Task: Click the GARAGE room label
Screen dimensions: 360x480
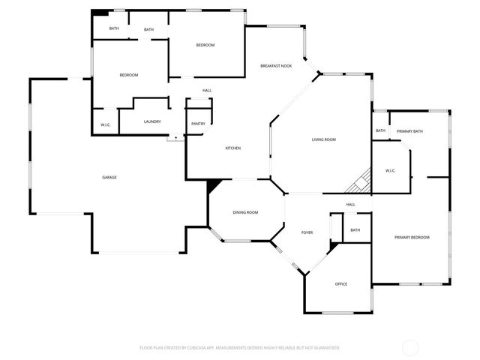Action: tap(109, 177)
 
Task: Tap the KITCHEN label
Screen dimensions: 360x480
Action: tap(233, 148)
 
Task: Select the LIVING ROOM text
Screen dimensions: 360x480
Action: tap(324, 139)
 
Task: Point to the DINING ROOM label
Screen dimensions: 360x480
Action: tap(245, 212)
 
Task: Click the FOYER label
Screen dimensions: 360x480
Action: tap(307, 232)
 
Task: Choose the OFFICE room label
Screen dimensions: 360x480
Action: tap(341, 283)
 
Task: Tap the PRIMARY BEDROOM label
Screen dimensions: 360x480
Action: tap(412, 237)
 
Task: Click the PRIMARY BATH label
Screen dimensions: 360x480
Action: tap(410, 131)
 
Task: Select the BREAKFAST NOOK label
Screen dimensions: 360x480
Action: tap(276, 66)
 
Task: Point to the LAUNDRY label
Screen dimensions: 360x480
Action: tap(153, 121)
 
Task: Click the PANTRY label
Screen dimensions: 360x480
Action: tap(198, 124)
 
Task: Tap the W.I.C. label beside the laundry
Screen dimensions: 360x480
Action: tap(106, 124)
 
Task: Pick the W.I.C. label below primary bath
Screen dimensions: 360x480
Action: tap(391, 170)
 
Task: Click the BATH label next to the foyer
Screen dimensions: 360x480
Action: tap(355, 230)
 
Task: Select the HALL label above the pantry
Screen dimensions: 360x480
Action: tap(207, 91)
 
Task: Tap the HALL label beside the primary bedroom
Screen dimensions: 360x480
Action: tap(350, 205)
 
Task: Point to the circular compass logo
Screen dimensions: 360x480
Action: tap(410, 347)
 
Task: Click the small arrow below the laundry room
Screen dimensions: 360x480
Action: tap(177, 137)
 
